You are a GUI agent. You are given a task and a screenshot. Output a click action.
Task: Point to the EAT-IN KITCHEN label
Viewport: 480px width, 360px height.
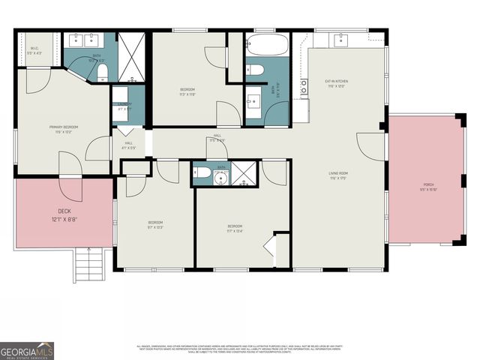(336, 83)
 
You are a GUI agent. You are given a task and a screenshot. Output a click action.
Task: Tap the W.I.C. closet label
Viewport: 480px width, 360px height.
(34, 51)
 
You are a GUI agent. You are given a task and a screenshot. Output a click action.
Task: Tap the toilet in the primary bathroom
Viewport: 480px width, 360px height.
(102, 72)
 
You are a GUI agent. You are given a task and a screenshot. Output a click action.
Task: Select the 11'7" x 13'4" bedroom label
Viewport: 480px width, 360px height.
(236, 228)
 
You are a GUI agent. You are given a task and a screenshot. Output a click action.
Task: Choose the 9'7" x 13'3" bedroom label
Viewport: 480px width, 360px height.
(155, 225)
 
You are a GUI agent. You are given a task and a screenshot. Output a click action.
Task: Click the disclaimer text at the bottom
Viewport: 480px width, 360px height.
(240, 349)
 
